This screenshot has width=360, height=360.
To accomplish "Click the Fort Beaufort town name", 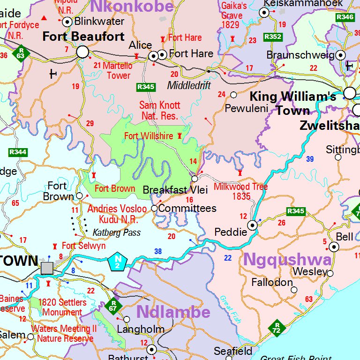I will click(x=83, y=37).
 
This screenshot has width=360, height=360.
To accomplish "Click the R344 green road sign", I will click(x=18, y=152).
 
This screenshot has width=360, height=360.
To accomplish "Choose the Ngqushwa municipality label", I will click(x=287, y=259).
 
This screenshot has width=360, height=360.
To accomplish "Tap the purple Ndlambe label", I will click(x=173, y=312).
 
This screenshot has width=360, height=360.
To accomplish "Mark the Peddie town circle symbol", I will click(x=253, y=225).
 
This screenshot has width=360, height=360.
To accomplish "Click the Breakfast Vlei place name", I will click(x=175, y=190).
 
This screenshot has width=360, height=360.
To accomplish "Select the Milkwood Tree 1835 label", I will click(x=241, y=191).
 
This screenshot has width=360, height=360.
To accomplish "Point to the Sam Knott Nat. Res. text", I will click(x=159, y=111).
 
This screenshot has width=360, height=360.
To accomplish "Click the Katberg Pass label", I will click(x=116, y=232).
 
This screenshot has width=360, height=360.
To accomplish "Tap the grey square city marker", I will click(x=47, y=268).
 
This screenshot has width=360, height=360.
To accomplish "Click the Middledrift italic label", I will click(x=189, y=86).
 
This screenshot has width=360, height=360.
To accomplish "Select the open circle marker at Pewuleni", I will click(x=233, y=95).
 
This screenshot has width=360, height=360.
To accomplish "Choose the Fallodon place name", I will click(x=272, y=283).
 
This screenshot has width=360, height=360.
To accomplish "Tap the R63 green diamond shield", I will click(x=20, y=52).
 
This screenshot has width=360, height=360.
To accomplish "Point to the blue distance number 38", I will click(x=158, y=252).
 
